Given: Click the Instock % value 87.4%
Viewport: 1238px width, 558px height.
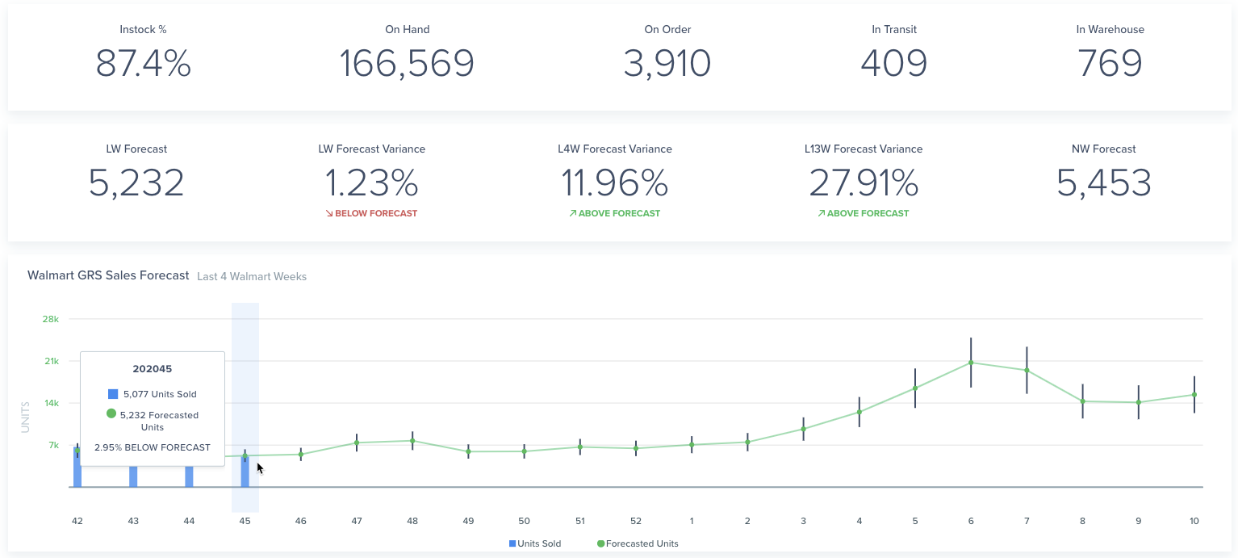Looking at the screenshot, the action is click(143, 63).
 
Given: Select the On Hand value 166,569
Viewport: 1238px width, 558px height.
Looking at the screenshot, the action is click(407, 63).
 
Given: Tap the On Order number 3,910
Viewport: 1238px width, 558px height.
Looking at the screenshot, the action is click(667, 63).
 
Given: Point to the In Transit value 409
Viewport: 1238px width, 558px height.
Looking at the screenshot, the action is click(893, 63).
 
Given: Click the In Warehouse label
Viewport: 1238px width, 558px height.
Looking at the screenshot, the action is click(1110, 29).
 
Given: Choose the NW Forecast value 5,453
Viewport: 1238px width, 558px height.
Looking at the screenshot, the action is click(1104, 183).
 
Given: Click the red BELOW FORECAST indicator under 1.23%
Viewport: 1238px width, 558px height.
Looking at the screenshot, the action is click(371, 213).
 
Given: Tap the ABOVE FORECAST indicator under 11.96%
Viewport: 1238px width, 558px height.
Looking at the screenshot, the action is click(615, 213).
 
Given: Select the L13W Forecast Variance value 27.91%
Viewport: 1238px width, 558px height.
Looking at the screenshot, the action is click(864, 183).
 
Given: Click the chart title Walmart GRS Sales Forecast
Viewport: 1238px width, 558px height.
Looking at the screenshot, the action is click(108, 275).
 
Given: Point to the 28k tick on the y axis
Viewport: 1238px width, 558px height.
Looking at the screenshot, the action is click(50, 319).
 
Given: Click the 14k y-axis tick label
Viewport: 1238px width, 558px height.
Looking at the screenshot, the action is click(52, 403).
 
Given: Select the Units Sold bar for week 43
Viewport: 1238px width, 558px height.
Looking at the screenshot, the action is click(133, 476).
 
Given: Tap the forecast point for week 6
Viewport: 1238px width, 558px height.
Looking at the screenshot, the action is click(971, 363).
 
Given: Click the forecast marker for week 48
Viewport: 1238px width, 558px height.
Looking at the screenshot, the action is click(412, 441).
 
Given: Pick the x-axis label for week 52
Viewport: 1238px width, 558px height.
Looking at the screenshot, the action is click(636, 521).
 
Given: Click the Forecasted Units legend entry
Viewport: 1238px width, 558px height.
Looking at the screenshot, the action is click(638, 543).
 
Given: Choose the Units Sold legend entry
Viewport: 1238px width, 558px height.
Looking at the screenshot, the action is click(535, 543).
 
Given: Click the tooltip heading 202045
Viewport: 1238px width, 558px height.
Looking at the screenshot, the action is click(152, 369).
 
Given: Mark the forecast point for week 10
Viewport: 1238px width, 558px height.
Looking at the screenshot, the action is click(1194, 395).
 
